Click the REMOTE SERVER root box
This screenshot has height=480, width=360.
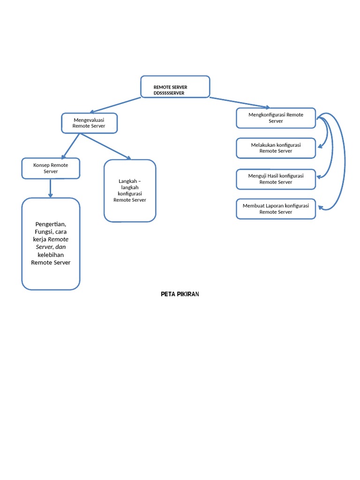pos(175,87)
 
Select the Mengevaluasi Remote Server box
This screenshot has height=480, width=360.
pos(89,123)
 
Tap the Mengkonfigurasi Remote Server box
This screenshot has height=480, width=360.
pos(276,118)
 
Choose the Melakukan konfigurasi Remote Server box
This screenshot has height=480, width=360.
pos(276,148)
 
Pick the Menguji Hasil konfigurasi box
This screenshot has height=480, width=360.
pos(276,179)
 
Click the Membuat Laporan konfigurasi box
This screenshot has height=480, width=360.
pos(276,209)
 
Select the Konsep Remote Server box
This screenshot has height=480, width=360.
pos(51,168)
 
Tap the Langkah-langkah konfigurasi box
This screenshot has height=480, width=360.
pos(130,190)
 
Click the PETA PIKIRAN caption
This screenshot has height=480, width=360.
pos(180,294)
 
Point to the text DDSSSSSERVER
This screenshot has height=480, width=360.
pos(169,93)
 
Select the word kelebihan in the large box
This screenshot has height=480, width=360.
pos(51,255)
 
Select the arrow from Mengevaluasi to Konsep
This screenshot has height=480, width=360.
pos(70,146)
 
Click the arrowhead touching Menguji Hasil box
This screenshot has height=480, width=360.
pos(319,177)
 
